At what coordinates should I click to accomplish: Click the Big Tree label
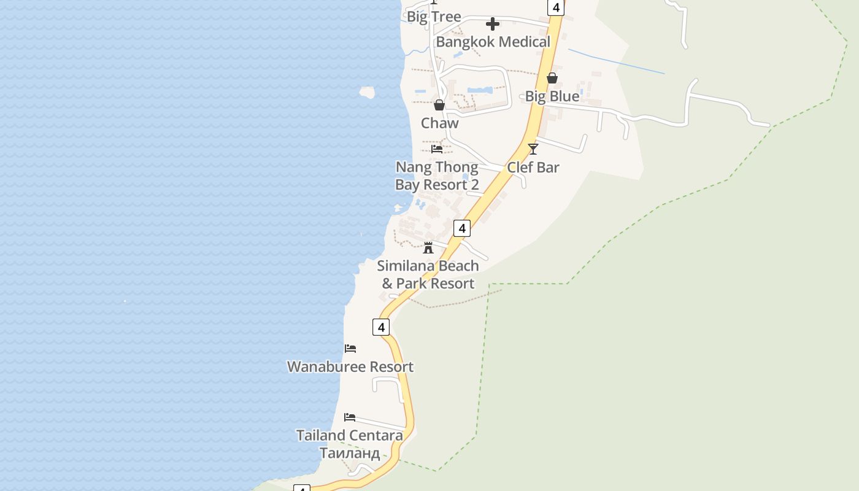click(434, 17)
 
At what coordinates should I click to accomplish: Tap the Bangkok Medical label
click(493, 42)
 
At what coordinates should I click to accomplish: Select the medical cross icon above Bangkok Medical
click(492, 24)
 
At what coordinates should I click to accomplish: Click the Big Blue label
click(552, 96)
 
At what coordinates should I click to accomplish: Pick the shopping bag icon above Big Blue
click(552, 78)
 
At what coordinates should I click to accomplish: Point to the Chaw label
click(439, 123)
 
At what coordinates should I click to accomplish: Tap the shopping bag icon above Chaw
click(439, 105)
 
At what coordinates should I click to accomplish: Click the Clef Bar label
click(533, 167)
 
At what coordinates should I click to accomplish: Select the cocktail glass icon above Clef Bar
click(533, 149)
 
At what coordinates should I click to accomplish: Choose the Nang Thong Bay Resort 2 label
click(436, 176)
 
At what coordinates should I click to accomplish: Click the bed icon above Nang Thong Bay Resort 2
click(437, 149)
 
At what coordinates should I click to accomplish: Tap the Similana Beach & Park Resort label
click(428, 274)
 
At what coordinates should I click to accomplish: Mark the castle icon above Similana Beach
click(428, 248)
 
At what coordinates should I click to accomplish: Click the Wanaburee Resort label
click(350, 366)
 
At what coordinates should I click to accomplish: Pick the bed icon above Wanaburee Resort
click(350, 349)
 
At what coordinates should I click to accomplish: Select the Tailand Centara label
click(350, 435)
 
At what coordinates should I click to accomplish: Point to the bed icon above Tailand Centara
click(350, 417)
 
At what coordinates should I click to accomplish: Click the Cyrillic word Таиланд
click(350, 454)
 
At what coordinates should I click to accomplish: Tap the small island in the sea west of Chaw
click(367, 93)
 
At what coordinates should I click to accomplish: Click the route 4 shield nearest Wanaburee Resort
click(381, 327)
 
